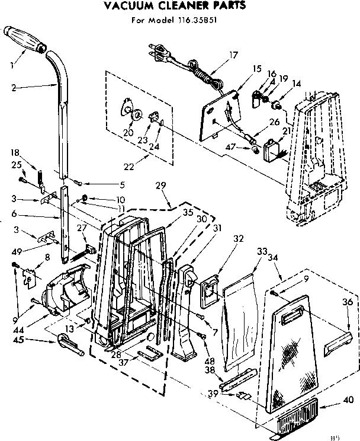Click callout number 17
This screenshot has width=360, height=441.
[233, 55]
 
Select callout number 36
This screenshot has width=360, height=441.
[348, 302]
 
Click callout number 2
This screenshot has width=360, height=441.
[13, 88]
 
